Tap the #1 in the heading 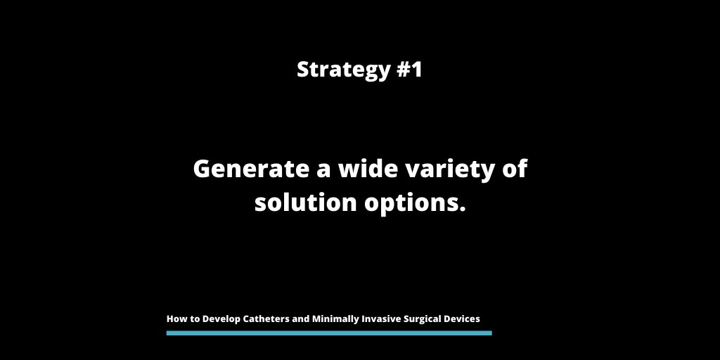pos(409,70)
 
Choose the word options pos(419,204)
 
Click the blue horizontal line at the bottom pos(329,333)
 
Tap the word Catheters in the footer pos(266,319)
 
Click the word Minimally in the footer pos(335,319)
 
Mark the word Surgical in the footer pos(426,319)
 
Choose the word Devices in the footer pos(464,319)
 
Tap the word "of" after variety pos(516,169)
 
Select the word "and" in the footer pos(301,319)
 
